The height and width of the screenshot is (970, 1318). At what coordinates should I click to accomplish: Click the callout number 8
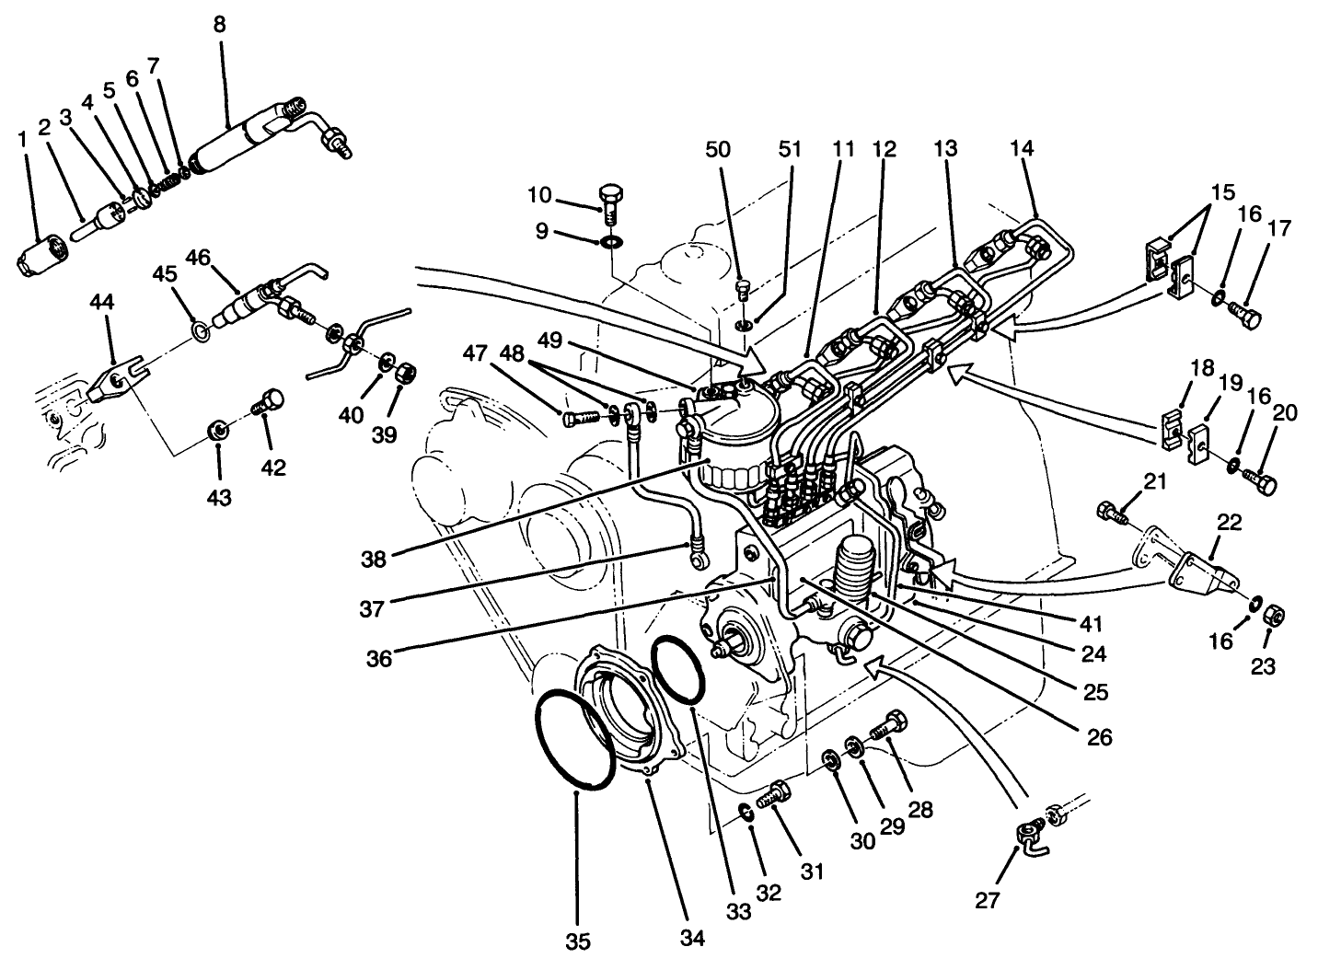pyautogui.click(x=219, y=24)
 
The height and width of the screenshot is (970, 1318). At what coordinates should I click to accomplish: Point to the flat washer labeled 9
pyautogui.click(x=610, y=243)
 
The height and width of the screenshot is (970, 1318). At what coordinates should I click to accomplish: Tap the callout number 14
pyautogui.click(x=1022, y=148)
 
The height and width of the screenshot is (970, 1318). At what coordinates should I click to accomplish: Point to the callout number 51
pyautogui.click(x=790, y=148)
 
